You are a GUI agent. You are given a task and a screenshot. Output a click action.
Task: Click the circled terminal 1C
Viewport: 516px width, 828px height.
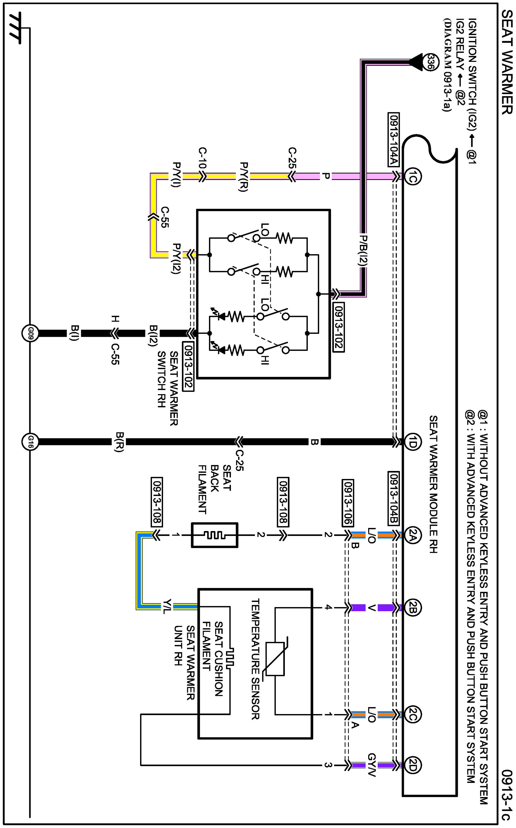coord(412,176)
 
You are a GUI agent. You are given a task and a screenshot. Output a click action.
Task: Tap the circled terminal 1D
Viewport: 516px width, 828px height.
coord(412,443)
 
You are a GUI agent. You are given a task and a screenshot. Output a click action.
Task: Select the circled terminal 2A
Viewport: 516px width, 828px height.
coord(412,535)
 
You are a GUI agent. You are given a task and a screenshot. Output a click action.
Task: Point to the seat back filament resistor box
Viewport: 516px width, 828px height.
coord(215,535)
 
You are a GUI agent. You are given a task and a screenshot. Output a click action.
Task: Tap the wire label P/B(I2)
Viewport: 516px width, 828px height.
coord(362,251)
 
